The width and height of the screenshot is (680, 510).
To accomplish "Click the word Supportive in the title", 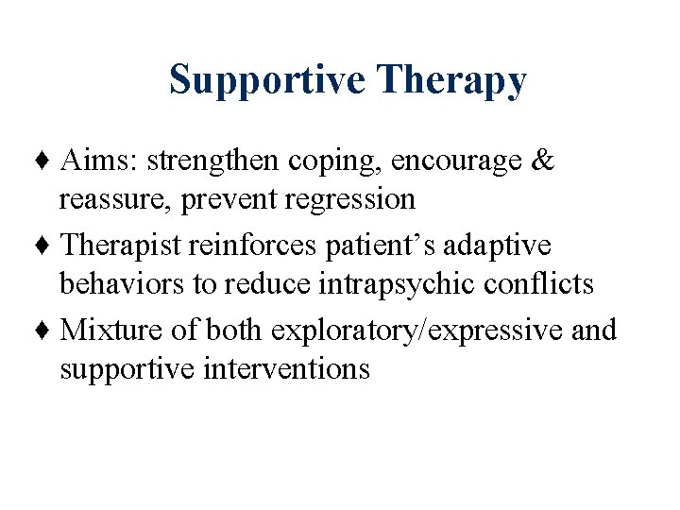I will click(x=267, y=80).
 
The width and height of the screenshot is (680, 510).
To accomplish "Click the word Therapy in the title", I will click(x=450, y=80).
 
